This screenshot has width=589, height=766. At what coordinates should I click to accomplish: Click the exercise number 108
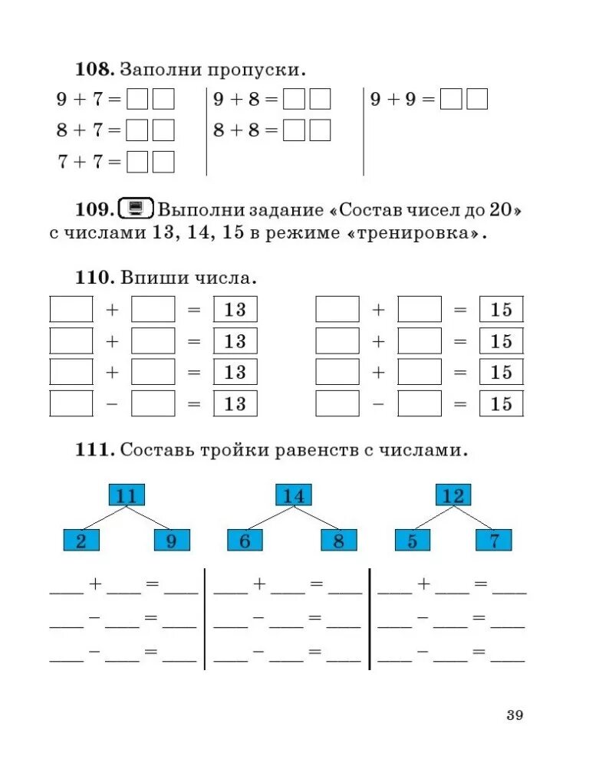[x=94, y=70]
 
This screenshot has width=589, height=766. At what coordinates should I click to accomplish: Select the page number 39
[x=515, y=715]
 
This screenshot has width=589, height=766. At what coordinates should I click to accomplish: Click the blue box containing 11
[x=127, y=495]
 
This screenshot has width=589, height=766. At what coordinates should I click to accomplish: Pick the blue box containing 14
[x=294, y=495]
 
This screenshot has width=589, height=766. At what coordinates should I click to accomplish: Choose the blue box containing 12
[x=453, y=495]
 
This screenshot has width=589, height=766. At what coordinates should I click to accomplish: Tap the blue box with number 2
[x=81, y=541]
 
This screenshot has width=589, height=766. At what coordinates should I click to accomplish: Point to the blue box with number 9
[x=171, y=541]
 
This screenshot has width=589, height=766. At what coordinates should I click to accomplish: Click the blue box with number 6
[x=245, y=541]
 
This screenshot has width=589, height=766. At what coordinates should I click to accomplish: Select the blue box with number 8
[x=338, y=541]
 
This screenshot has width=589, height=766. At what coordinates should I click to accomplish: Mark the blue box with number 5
[x=413, y=541]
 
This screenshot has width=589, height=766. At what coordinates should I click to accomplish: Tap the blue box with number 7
[x=495, y=541]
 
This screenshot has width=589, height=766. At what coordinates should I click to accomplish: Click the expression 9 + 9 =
[x=402, y=100]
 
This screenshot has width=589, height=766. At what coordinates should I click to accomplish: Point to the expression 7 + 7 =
[x=89, y=162]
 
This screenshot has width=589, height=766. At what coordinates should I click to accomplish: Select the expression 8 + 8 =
[x=245, y=130]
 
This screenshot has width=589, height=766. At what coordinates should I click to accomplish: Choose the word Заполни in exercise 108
[x=162, y=70]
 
